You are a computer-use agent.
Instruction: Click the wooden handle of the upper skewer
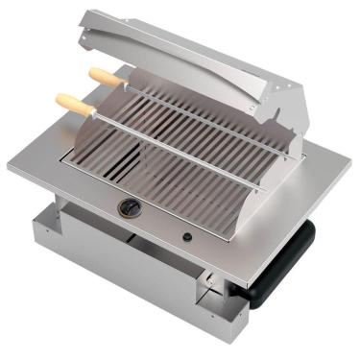coord(105,77)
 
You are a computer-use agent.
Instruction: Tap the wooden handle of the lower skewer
coord(76,104)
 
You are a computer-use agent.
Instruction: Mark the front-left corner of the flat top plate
coord(12,171)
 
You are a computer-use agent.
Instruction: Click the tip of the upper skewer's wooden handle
coord(91,71)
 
